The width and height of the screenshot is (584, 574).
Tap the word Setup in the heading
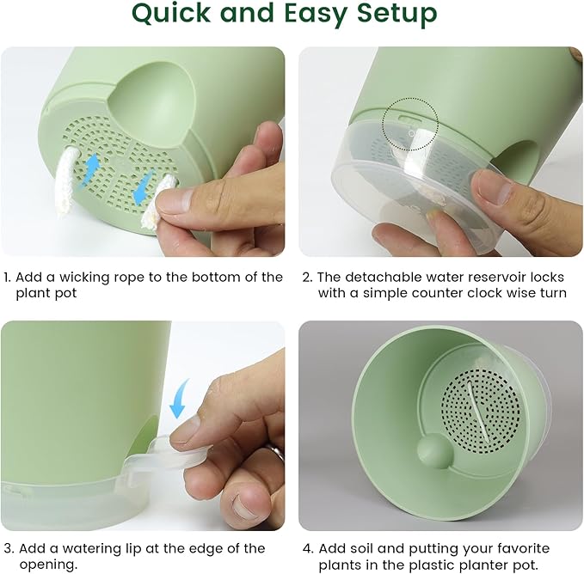click(395, 15)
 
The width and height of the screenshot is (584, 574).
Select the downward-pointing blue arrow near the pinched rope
click(143, 186)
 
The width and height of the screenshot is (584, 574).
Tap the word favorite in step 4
click(531, 548)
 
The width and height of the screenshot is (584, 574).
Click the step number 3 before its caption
click(8, 548)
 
